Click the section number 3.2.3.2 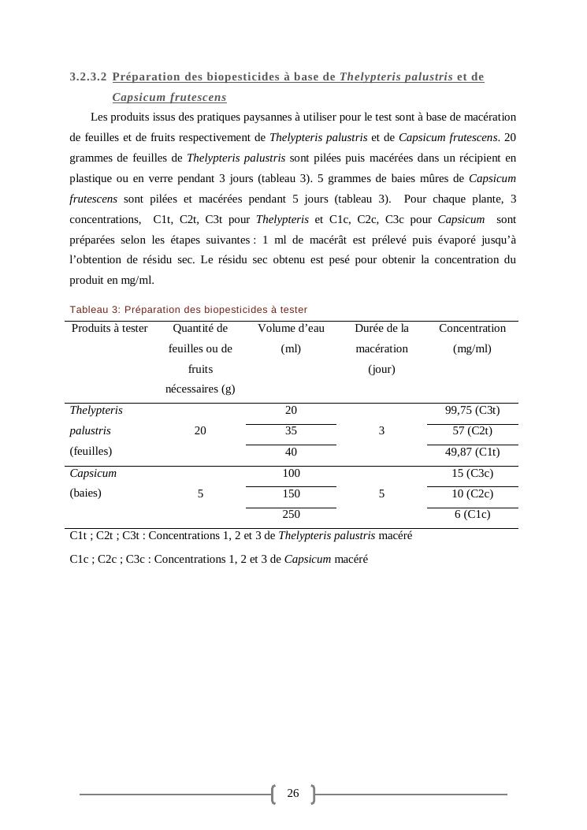coord(88,77)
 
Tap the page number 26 coord(293,794)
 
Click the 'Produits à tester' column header coord(110,329)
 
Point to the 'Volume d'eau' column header coord(291,329)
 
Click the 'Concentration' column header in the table coord(472,329)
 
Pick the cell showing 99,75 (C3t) coord(472,411)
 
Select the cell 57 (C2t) coord(472,431)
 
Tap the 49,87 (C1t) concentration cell coord(472,452)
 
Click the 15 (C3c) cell coord(472,474)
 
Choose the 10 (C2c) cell coord(472,494)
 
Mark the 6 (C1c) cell coord(472,515)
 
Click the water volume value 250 coord(291,515)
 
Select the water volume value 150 coord(291,494)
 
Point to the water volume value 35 coord(291,431)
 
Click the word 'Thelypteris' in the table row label coord(96,411)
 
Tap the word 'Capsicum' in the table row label coord(93,474)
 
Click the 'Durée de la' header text coord(381,329)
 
